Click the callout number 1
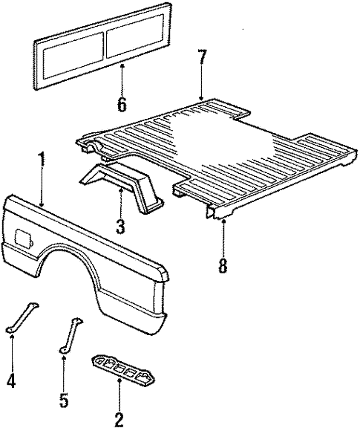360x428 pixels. coord(42,160)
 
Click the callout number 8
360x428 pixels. coord(222,265)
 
